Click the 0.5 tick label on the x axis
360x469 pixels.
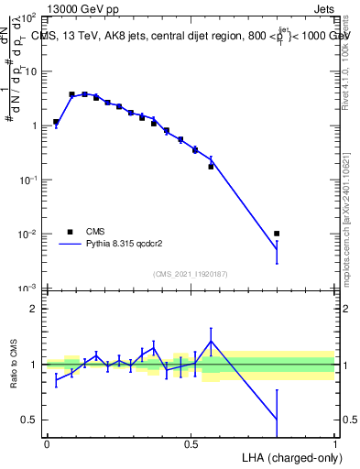(x=191, y=443)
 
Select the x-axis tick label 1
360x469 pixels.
(x=335, y=443)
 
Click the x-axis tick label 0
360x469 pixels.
(x=47, y=443)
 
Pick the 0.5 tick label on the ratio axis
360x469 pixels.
(x=29, y=420)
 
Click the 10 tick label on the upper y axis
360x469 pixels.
(x=29, y=71)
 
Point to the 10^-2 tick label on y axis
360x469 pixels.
(x=27, y=234)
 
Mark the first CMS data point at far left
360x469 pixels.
(x=56, y=122)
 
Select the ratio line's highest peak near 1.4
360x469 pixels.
(x=212, y=341)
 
